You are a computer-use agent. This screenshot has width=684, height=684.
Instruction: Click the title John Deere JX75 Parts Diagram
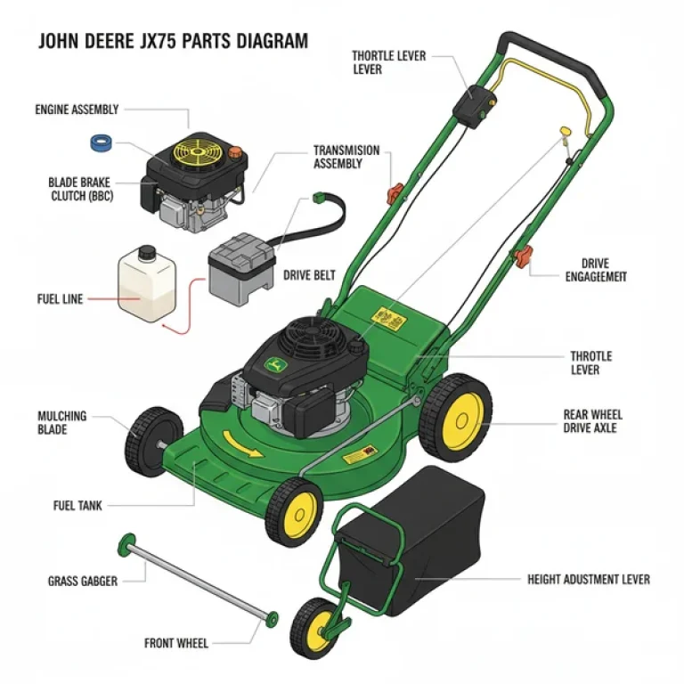172,42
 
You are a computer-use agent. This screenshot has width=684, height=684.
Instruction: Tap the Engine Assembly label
77,110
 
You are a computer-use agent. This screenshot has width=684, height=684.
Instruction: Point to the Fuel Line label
59,299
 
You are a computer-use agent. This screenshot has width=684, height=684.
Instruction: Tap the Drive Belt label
309,275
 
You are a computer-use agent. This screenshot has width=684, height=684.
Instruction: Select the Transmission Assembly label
346,157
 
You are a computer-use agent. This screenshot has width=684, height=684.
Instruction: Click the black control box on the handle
472,105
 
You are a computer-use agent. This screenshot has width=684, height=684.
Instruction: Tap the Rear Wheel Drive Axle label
593,421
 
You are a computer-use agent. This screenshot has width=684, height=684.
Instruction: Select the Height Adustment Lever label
588,579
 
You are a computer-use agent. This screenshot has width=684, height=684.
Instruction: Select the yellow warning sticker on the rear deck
388,315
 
